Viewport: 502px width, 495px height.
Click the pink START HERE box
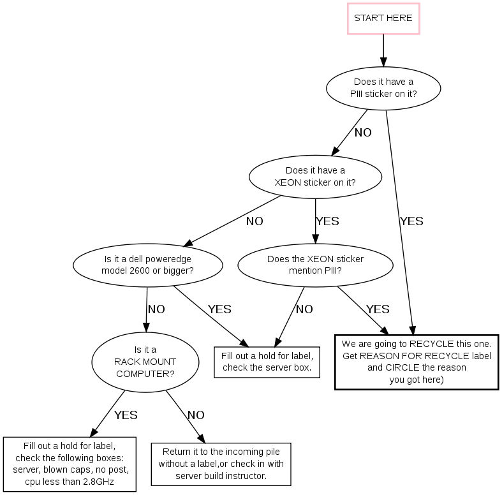click(x=383, y=18)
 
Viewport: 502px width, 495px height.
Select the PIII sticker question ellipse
click(x=383, y=87)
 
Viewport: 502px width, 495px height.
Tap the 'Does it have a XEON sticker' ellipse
click(x=315, y=176)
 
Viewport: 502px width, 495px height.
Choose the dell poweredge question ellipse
click(x=148, y=265)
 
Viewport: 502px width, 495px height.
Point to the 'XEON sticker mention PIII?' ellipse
click(x=315, y=265)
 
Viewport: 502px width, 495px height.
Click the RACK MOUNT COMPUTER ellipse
click(x=145, y=361)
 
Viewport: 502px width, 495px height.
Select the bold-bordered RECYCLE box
click(x=417, y=361)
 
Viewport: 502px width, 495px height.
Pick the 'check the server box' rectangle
click(x=267, y=361)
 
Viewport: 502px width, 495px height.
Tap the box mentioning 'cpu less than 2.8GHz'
click(x=70, y=464)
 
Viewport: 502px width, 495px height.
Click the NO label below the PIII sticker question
click(x=363, y=133)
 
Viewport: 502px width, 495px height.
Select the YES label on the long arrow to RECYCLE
click(x=411, y=221)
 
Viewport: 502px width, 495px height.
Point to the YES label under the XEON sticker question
click(x=327, y=221)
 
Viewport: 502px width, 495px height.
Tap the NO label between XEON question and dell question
click(x=255, y=221)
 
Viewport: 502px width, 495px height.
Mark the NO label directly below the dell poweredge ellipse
click(x=156, y=309)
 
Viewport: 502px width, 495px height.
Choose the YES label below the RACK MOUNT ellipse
click(x=126, y=415)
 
